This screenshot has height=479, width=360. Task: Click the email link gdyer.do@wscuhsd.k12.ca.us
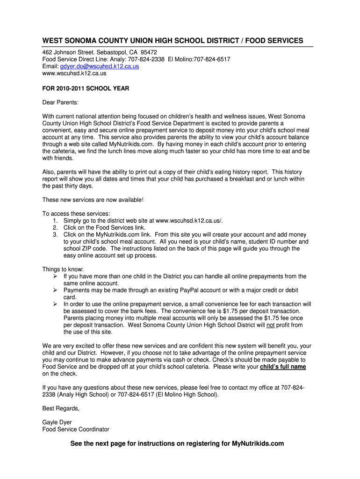click(100, 66)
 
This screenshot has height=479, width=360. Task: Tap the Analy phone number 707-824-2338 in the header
click(142, 59)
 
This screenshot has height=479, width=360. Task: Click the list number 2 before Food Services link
click(55, 227)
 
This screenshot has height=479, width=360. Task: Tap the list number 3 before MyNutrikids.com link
click(55, 234)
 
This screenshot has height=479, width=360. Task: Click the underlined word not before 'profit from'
click(270, 325)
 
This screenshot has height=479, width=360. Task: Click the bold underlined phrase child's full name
click(283, 367)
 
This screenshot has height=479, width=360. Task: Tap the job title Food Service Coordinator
click(76, 429)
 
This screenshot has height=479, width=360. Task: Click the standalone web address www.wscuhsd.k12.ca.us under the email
click(74, 73)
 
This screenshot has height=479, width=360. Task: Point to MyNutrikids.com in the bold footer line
click(258, 443)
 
